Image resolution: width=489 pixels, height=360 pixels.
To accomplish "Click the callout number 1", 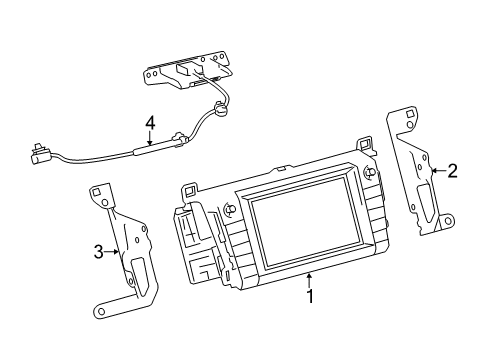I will [x=310, y=296].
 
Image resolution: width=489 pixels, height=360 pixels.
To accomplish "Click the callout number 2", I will [x=452, y=171].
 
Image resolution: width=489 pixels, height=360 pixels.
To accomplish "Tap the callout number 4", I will [x=150, y=123].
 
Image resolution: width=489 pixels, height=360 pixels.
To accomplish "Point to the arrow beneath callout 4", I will [x=150, y=139].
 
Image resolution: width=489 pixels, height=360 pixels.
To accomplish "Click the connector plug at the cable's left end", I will [x=41, y=154].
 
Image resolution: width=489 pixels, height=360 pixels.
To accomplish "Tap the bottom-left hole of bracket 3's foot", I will [x=100, y=313].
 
